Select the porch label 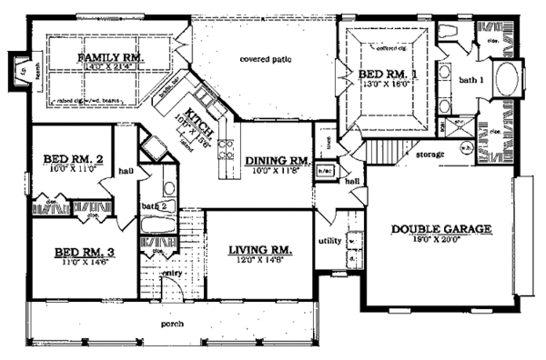[x=173, y=324]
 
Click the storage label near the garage [x=431, y=155]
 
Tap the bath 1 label [x=468, y=81]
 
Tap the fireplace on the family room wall [x=15, y=69]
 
